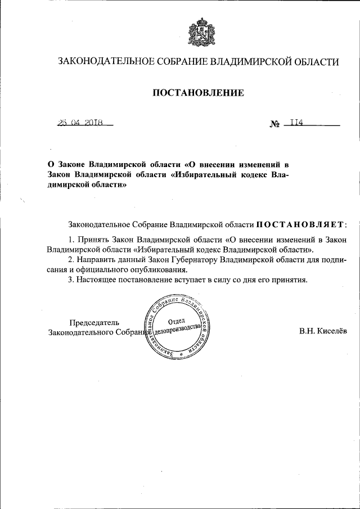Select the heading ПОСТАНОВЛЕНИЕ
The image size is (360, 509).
coord(198,93)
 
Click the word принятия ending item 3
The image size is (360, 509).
coord(289,280)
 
